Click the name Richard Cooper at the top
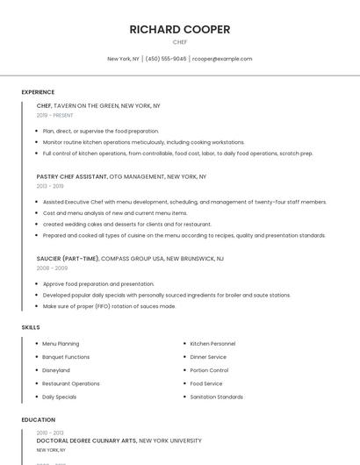point(180,30)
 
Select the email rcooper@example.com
point(222,59)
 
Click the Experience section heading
point(38,92)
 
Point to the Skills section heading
point(31,327)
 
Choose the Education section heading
point(38,420)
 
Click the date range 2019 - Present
point(55,115)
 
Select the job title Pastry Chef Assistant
point(72,176)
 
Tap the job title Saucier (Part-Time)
point(68,259)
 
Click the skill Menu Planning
point(61,344)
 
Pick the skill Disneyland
point(56,370)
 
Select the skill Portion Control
point(209,370)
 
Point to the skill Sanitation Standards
point(216,397)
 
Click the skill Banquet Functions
point(66,357)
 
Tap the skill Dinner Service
point(208,357)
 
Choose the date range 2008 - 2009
point(52,268)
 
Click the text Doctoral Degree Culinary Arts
point(86,440)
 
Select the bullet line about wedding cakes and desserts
point(114,224)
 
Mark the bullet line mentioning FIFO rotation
point(109,306)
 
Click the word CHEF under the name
point(180,41)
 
